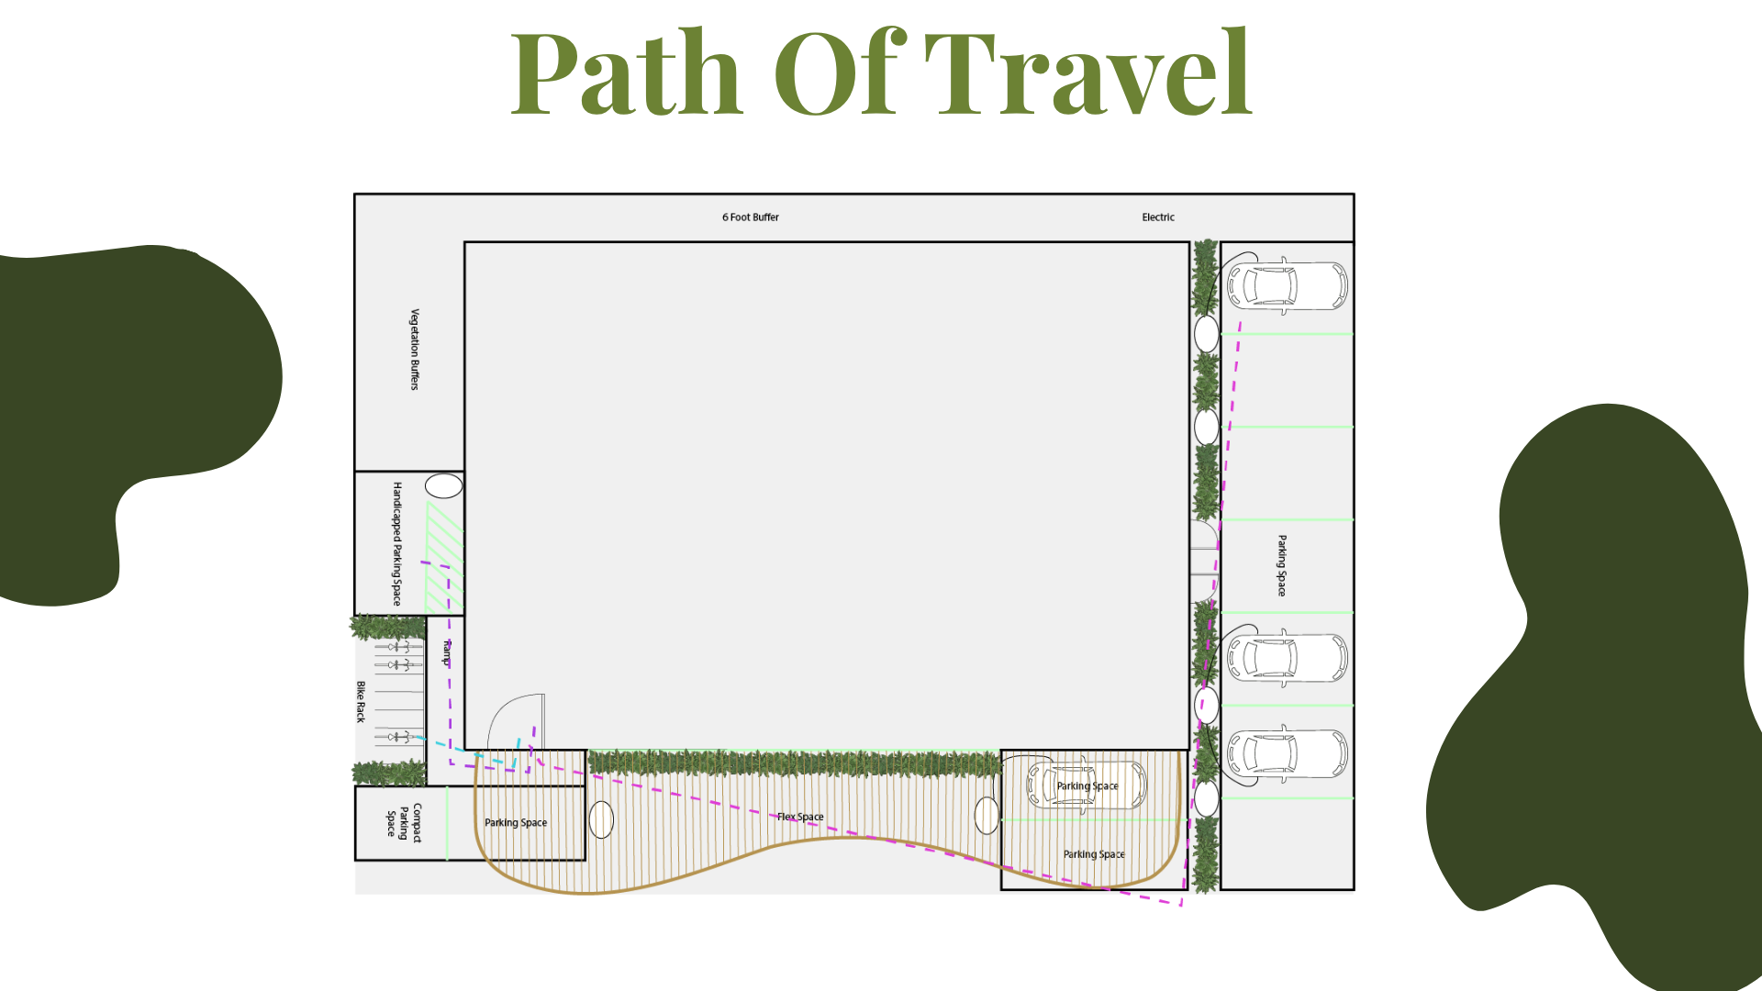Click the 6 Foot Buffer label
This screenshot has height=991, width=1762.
pos(751,217)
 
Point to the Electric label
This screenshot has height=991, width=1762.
pos(1158,217)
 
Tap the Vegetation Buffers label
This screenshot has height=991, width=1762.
pos(415,350)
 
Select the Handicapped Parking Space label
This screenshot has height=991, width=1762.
pos(397,544)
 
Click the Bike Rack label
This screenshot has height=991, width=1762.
pos(361,702)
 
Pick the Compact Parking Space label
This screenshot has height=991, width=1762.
pos(404,823)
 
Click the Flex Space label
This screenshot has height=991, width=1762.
pos(800,817)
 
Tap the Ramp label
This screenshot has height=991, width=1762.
pos(447,652)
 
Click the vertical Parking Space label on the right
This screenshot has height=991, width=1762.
pos(1282,566)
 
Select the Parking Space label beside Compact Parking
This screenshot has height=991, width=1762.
pos(516,823)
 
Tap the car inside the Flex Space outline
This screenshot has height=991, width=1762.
pos(1087,785)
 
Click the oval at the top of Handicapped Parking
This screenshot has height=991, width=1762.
pos(444,486)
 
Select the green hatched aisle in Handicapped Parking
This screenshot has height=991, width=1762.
pos(445,557)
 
